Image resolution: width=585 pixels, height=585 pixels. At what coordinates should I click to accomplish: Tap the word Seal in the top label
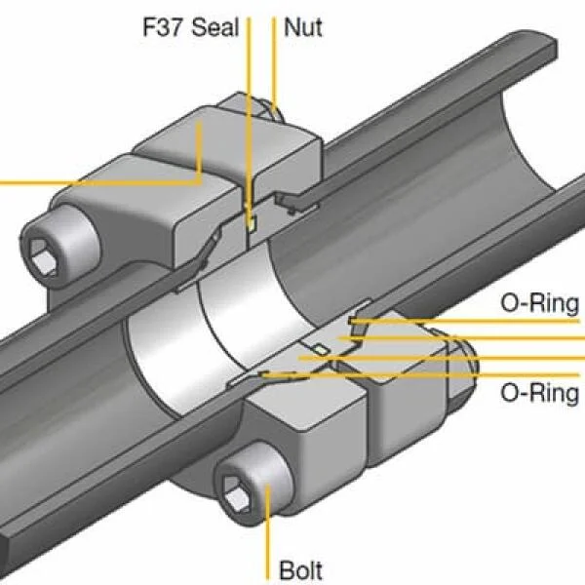point(214,26)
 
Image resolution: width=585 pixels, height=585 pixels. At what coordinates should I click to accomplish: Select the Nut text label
point(302,26)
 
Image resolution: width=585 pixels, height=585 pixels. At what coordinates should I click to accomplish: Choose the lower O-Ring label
point(539,393)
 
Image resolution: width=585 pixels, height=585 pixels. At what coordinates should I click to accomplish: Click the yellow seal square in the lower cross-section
point(318,348)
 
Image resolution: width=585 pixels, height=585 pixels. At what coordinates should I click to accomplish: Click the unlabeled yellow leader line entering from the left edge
point(97,181)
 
